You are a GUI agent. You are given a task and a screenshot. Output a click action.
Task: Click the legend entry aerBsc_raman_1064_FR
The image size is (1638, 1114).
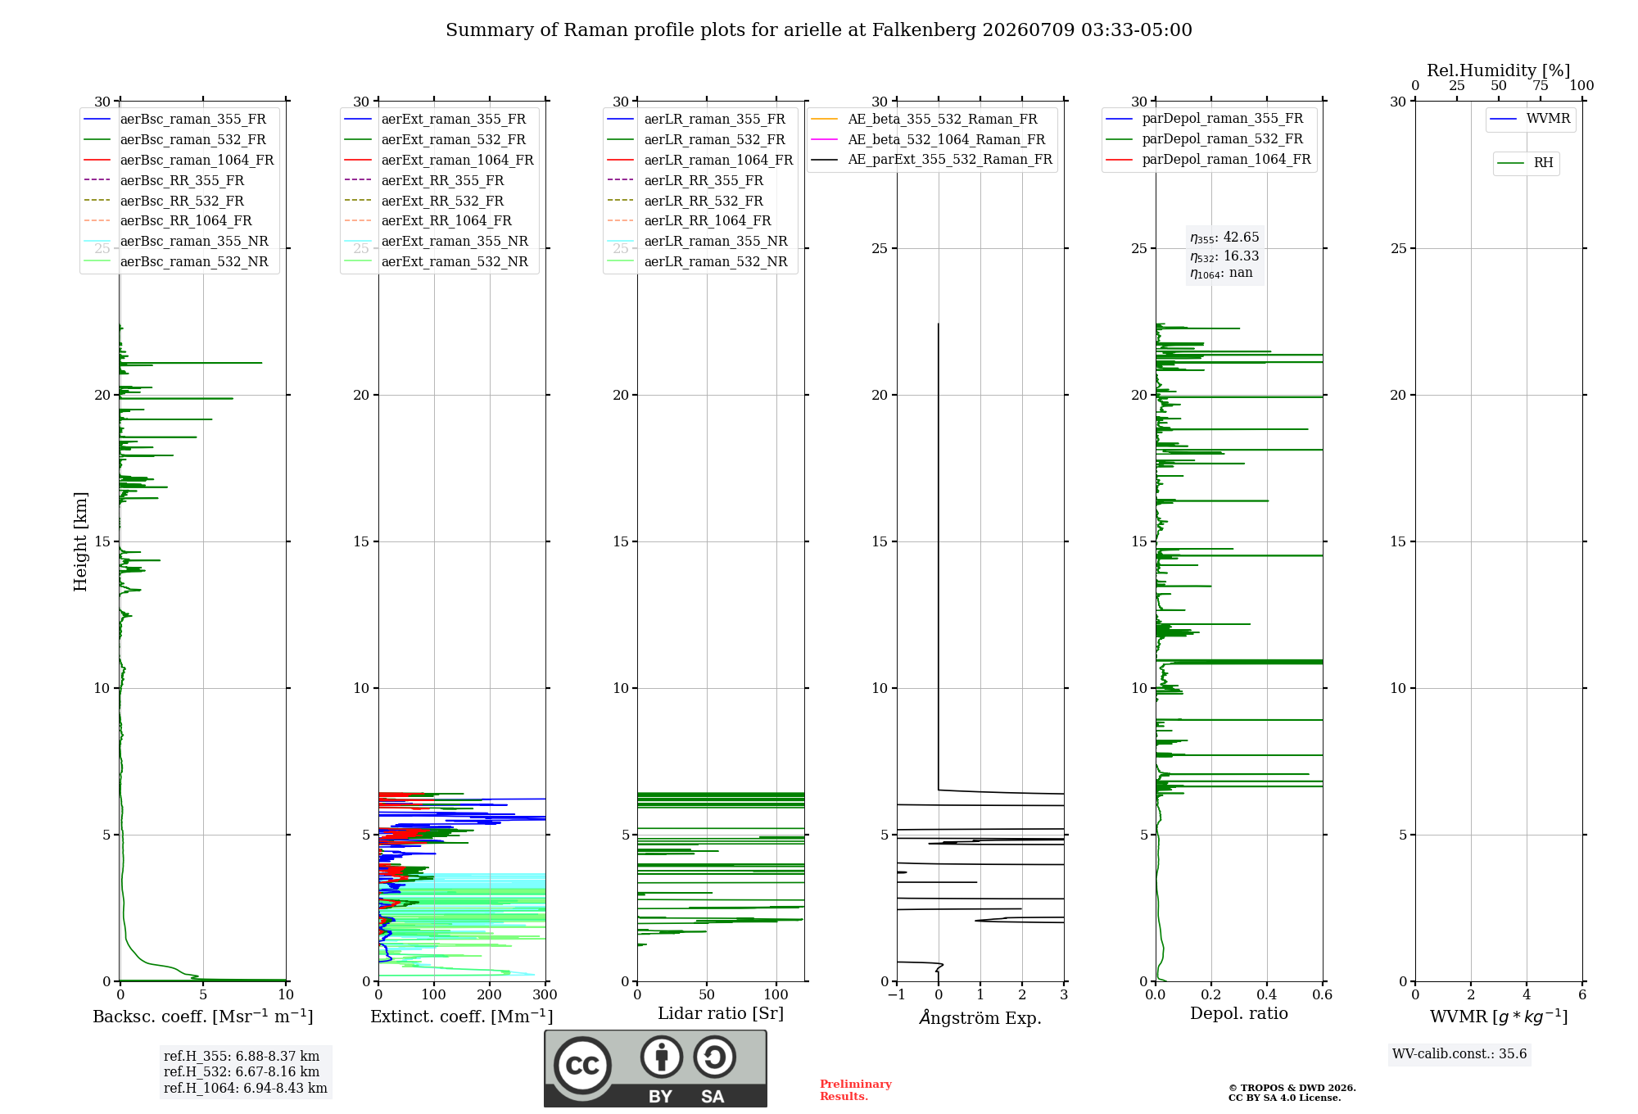point(179,160)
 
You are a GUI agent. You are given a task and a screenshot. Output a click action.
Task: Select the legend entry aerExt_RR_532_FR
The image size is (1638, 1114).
point(423,201)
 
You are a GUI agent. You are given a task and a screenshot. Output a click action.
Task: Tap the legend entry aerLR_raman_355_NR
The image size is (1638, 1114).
point(697,241)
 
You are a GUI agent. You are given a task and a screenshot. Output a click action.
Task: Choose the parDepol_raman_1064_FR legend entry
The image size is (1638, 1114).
point(1208,159)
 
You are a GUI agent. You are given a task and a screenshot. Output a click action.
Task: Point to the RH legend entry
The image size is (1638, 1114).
point(1525,163)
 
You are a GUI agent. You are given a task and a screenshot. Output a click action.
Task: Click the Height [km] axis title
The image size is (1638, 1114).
point(80,541)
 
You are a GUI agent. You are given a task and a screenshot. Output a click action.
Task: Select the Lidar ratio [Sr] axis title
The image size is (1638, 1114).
point(721,1013)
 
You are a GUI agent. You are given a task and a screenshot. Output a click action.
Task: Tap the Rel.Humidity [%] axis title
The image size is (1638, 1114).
point(1499,70)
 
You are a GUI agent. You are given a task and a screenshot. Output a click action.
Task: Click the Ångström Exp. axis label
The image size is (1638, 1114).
point(980,1017)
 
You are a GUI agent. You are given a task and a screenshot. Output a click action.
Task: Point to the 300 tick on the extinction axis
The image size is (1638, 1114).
point(545,994)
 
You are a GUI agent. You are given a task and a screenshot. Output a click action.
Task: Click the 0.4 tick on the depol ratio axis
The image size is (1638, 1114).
point(1267,994)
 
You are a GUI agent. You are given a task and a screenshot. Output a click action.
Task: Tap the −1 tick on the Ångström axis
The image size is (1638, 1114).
point(897,994)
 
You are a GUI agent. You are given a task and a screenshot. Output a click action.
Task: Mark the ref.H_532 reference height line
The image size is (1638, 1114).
point(242,1071)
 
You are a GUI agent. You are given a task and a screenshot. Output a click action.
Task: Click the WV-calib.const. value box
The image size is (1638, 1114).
point(1459,1053)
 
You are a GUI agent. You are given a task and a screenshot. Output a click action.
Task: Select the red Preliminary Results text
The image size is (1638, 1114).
point(856,1090)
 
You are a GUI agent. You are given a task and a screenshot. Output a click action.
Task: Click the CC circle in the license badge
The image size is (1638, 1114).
point(582,1065)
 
